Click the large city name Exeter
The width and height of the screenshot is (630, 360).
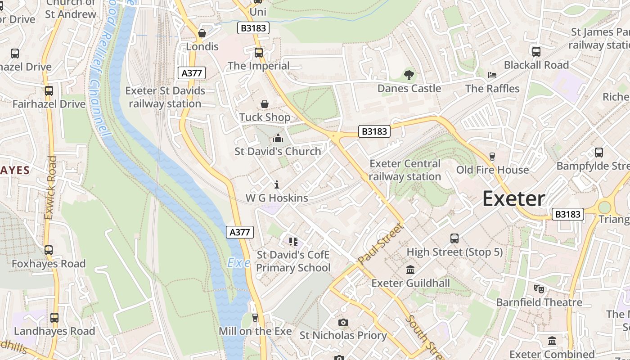click(x=513, y=199)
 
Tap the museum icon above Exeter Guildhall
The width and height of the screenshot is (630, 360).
click(x=410, y=270)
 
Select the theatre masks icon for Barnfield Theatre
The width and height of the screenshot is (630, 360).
click(x=539, y=288)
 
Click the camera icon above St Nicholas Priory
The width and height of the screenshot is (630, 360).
click(x=343, y=322)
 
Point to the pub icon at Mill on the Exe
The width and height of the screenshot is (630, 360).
click(x=255, y=318)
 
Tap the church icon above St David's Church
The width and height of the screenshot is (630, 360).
click(x=278, y=138)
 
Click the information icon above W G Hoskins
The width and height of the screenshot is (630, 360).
click(x=277, y=184)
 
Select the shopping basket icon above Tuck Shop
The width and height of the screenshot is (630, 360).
click(x=265, y=104)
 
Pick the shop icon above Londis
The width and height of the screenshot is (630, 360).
click(x=202, y=33)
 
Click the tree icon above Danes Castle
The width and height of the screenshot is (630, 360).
click(x=409, y=75)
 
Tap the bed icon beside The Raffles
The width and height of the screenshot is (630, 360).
click(x=492, y=75)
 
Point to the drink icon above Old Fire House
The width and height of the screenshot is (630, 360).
click(x=492, y=156)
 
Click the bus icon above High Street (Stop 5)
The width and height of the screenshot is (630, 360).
click(x=454, y=238)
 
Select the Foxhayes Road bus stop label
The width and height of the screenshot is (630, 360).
click(x=49, y=264)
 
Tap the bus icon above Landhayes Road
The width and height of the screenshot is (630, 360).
click(x=54, y=318)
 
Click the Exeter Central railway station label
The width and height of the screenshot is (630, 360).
click(x=405, y=170)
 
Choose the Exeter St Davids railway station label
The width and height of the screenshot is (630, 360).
click(x=165, y=97)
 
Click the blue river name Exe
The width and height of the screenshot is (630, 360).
click(x=238, y=263)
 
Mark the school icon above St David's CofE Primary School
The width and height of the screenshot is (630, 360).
click(x=293, y=242)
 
